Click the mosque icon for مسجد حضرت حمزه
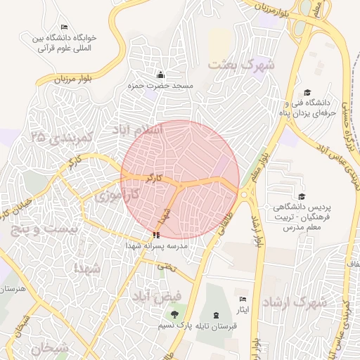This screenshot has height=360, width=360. [x=160, y=75]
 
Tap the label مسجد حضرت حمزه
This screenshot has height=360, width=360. [x=160, y=85]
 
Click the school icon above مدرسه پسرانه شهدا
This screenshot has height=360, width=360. [x=155, y=235]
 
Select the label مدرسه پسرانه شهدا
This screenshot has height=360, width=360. [x=156, y=247]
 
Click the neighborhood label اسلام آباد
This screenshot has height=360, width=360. [x=137, y=130]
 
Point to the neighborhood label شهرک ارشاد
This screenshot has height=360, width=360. [x=295, y=302]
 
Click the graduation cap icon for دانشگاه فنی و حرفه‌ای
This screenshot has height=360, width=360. [x=307, y=92]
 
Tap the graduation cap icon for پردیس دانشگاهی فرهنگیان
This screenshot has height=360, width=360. [x=302, y=197]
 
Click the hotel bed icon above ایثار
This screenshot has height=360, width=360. [x=243, y=300]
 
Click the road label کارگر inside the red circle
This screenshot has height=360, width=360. [x=154, y=179]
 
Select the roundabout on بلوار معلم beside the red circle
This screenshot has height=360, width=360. [x=243, y=195]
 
